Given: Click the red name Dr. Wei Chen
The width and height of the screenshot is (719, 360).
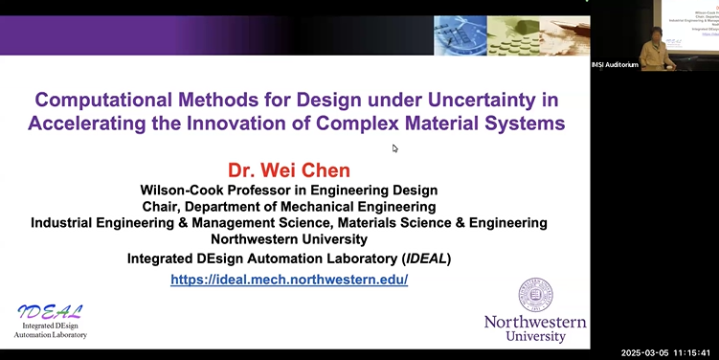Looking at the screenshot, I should (x=289, y=170).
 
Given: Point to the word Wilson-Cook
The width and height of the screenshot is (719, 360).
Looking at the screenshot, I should (x=182, y=191).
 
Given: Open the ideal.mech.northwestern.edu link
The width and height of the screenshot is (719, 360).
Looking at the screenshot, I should (x=289, y=280).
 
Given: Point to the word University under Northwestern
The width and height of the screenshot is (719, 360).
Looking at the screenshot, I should (x=536, y=336).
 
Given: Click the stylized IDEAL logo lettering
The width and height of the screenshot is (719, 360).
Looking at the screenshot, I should (x=50, y=311).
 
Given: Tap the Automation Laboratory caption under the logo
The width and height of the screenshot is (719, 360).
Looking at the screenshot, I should (x=50, y=335).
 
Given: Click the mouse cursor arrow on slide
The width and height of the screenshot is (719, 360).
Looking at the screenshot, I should (x=394, y=147).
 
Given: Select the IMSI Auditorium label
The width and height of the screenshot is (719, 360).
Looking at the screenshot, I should (x=615, y=64).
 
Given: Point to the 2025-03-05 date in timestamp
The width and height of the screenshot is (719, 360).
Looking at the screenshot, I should (x=646, y=352).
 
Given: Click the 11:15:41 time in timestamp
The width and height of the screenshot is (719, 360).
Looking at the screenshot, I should (x=694, y=352).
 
